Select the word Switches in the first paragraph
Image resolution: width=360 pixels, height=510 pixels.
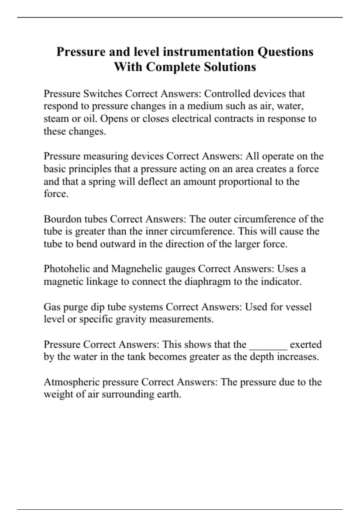[103, 94]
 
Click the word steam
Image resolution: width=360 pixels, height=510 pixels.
[56, 119]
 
